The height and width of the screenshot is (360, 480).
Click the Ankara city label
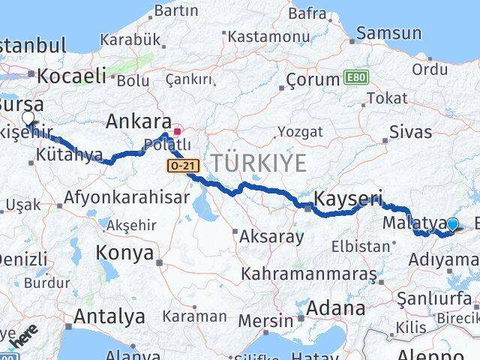pyautogui.click(x=139, y=121)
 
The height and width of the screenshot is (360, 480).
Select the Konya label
pyautogui.click(x=124, y=253)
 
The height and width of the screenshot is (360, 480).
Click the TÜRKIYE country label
pyautogui.click(x=259, y=162)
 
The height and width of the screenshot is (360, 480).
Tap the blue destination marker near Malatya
pyautogui.click(x=452, y=223)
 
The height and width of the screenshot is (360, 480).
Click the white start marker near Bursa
pyautogui.click(x=28, y=118)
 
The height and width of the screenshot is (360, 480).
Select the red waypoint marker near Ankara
pyautogui.click(x=177, y=130)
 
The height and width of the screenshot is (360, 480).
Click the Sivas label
pyautogui.click(x=411, y=132)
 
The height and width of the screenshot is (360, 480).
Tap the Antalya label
pyautogui.click(x=110, y=316)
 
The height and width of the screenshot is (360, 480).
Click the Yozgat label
pyautogui.click(x=300, y=132)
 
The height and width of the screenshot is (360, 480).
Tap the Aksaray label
pyautogui.click(x=271, y=237)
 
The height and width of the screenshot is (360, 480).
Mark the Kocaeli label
pyautogui.click(x=71, y=75)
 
